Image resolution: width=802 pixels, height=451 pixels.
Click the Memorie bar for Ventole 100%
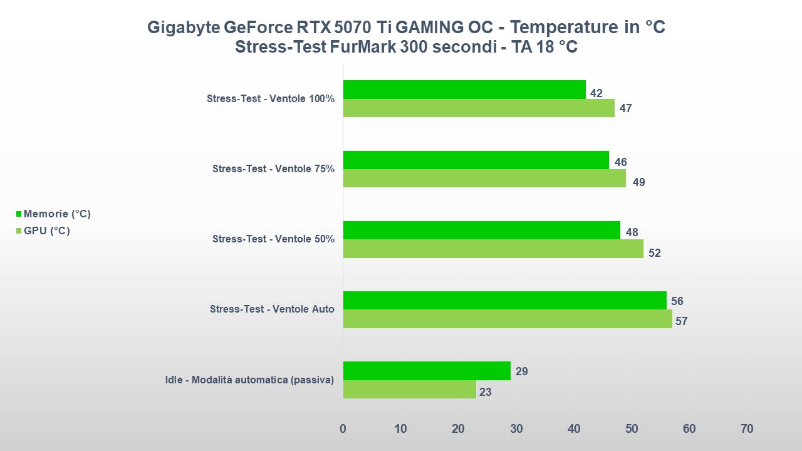[x=464, y=90]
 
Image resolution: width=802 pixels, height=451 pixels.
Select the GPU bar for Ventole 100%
[x=479, y=108]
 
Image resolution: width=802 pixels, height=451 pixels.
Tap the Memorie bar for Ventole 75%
[x=476, y=160]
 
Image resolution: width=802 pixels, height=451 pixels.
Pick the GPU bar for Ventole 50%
[x=493, y=249]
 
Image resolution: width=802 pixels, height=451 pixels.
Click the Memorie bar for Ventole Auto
[x=504, y=301]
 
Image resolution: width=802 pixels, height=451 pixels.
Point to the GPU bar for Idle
[x=409, y=390]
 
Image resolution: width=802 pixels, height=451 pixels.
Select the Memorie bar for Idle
[x=427, y=371]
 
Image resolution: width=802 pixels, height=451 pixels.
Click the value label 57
[x=682, y=321]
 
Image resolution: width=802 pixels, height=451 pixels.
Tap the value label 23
[x=485, y=393]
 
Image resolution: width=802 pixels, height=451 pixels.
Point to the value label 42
[x=596, y=93]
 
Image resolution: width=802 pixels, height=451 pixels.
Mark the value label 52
[x=655, y=253]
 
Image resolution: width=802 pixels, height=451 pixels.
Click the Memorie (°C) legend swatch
[x=19, y=214]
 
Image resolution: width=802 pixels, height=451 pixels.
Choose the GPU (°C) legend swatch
[x=19, y=231]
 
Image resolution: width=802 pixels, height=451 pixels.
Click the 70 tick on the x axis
[x=747, y=429]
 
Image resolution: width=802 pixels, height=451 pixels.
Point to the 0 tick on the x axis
[x=343, y=429]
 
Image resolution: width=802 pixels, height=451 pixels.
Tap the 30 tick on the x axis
[x=516, y=429]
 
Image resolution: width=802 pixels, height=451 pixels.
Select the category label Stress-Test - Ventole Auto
[x=272, y=309]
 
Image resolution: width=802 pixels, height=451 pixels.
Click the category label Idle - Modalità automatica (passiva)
[x=249, y=380]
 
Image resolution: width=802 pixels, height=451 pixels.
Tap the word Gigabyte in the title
[x=184, y=28]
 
